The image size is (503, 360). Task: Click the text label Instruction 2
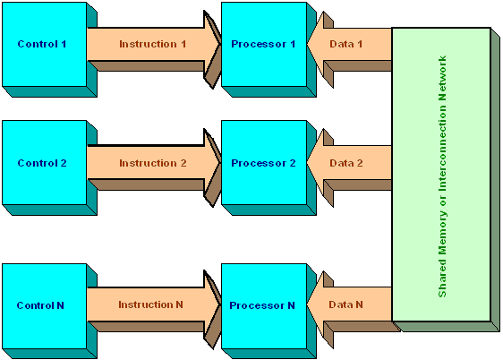pos(153,163)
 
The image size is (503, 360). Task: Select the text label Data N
pos(345,304)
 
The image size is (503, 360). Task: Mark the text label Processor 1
pos(263,44)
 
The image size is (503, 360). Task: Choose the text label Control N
pos(40,305)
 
